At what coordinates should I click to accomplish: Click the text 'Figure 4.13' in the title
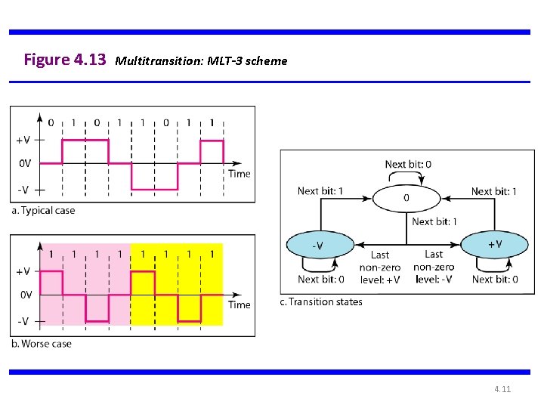[x=65, y=60]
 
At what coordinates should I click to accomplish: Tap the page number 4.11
[x=502, y=389]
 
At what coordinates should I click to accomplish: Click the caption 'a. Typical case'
[x=43, y=210]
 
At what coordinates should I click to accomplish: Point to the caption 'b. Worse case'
[x=42, y=343]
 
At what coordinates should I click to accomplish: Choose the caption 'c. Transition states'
[x=321, y=301]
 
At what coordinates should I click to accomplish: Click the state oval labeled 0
[x=406, y=198]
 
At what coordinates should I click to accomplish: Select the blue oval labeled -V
[x=320, y=245]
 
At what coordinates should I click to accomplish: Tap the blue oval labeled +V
[x=494, y=244]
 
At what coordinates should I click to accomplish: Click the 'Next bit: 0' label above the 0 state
[x=408, y=165]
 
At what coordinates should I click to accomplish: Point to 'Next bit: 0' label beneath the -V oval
[x=320, y=279]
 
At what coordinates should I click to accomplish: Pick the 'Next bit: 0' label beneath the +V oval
[x=495, y=279]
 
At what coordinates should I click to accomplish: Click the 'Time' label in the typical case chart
[x=239, y=173]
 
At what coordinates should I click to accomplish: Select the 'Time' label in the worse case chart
[x=239, y=304]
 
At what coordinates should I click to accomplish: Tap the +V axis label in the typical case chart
[x=23, y=140]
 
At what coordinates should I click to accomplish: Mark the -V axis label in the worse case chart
[x=23, y=321]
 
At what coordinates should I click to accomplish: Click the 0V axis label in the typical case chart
[x=25, y=162]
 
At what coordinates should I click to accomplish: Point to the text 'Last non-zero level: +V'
[x=380, y=267]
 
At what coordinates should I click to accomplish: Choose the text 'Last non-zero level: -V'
[x=434, y=267]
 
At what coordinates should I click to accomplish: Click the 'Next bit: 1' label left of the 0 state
[x=320, y=191]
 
